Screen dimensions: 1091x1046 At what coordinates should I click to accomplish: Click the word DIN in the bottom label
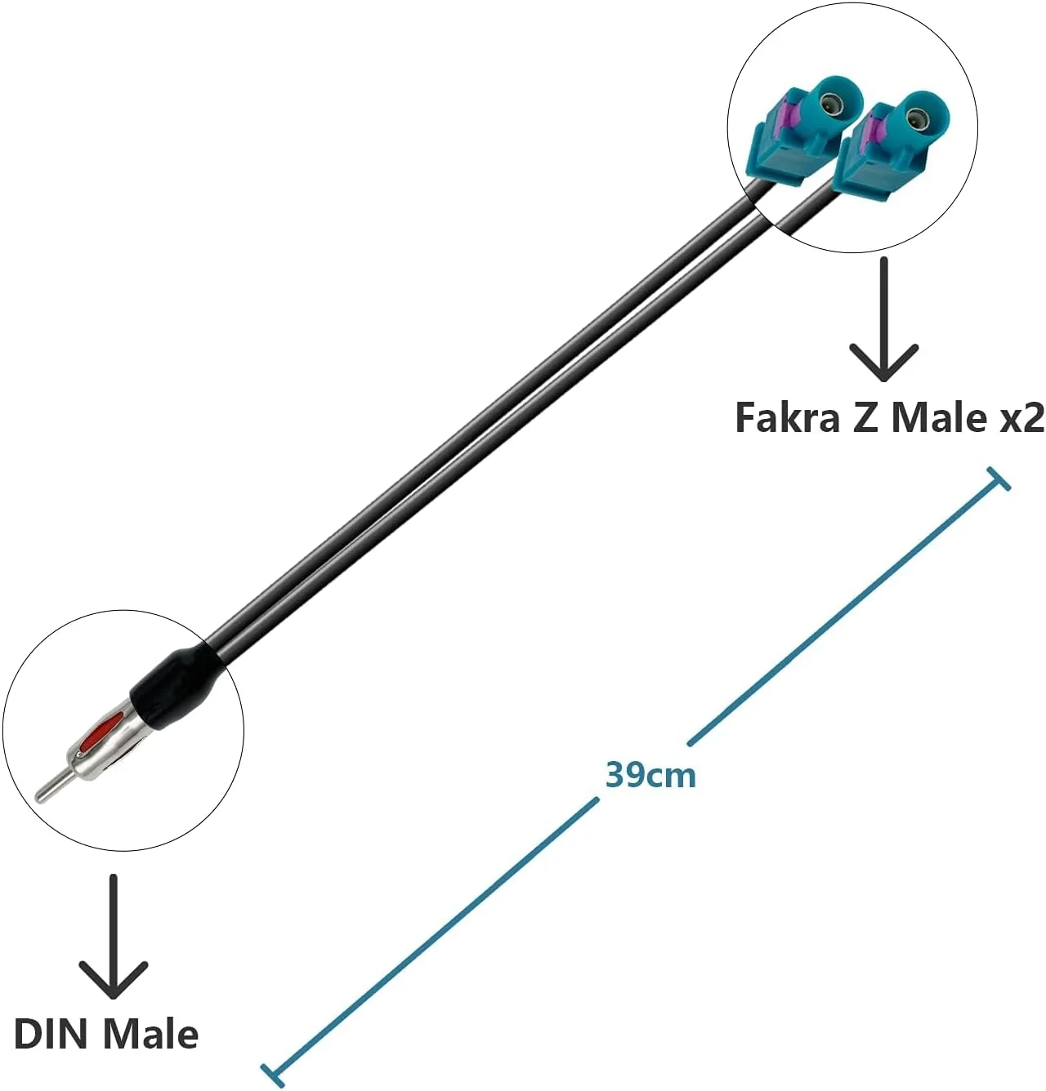(51, 1034)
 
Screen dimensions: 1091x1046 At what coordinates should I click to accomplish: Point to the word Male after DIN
(151, 1034)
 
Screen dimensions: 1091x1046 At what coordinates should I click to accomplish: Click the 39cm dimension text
(650, 774)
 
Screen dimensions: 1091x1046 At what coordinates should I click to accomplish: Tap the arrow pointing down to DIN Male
(113, 939)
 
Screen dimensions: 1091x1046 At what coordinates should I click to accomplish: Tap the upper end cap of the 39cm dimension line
(999, 479)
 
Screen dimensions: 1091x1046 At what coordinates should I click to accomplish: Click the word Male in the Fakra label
(940, 417)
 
